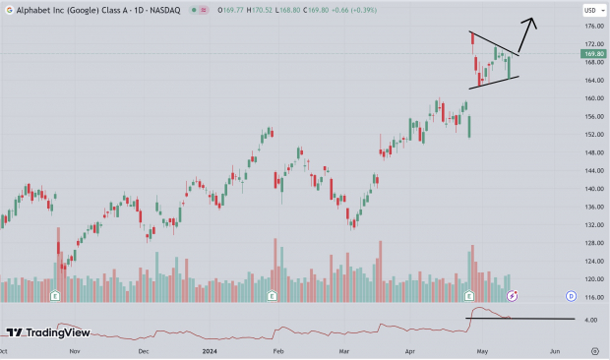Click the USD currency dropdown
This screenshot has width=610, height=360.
(591, 10)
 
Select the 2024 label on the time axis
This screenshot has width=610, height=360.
(209, 350)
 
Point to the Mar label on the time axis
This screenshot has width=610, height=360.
(343, 350)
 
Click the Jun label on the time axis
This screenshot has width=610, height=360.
(554, 350)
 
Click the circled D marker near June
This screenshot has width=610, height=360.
(571, 295)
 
